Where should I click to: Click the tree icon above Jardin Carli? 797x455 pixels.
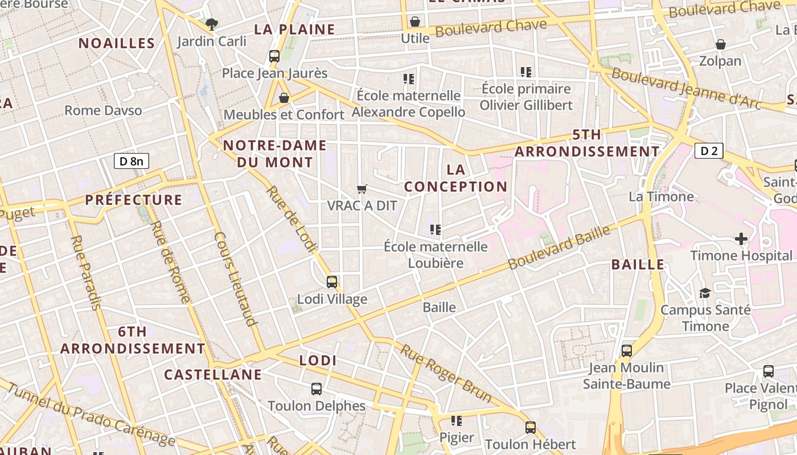tap(212, 24)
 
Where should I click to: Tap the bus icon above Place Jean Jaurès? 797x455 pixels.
tap(274, 56)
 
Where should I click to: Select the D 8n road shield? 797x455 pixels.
tap(132, 161)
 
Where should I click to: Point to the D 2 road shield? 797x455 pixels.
tap(709, 151)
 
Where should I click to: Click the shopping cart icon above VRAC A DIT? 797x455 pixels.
tap(361, 189)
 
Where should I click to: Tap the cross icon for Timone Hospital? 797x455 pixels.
tap(741, 239)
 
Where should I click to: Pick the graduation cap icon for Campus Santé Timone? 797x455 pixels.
tap(705, 293)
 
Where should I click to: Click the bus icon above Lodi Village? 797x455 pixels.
tap(332, 282)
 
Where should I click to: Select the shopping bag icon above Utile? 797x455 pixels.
tap(415, 22)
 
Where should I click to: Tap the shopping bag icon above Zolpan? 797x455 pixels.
tap(720, 44)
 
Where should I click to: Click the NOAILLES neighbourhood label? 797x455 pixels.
tap(117, 43)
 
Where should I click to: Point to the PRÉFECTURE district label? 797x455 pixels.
tap(134, 200)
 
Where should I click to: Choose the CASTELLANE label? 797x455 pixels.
tap(213, 375)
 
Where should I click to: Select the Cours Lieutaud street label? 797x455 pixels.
tap(235, 279)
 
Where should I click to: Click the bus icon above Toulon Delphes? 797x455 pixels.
tap(317, 389)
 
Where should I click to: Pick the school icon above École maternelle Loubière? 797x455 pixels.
tap(436, 230)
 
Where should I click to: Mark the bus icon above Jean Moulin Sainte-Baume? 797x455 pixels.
tap(627, 351)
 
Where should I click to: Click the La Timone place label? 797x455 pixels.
tap(661, 197)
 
